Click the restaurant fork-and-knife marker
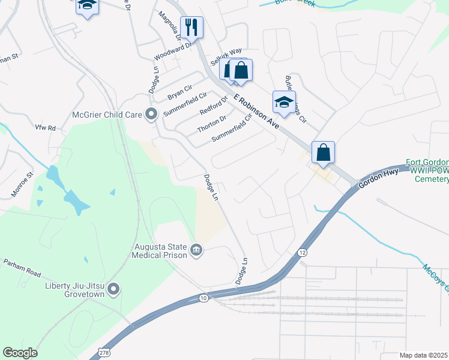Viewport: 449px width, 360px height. click(192, 26)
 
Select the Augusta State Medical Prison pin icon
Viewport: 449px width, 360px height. click(196, 250)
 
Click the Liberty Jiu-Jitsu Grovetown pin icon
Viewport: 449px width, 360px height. click(113, 290)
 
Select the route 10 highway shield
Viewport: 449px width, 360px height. click(204, 298)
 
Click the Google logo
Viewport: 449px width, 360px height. click(20, 353)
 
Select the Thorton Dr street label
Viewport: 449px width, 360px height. click(211, 124)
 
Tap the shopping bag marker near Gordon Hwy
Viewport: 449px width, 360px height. click(323, 152)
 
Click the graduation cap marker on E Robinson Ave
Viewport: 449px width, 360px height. click(284, 102)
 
